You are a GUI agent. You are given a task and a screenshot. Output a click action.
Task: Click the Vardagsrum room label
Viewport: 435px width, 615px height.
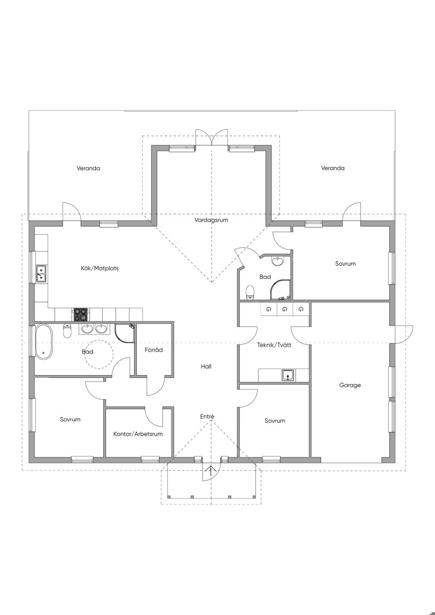(x=211, y=220)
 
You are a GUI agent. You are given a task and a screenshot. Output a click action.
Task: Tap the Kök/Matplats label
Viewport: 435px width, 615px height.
(x=100, y=268)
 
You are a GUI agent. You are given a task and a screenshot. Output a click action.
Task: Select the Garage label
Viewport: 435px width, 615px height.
(x=350, y=385)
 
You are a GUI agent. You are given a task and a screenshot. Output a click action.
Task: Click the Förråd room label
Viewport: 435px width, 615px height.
(x=154, y=350)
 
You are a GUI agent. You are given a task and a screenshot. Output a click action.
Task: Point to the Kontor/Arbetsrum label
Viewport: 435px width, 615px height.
(x=138, y=434)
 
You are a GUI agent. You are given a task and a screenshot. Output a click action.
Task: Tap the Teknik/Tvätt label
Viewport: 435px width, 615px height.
(x=274, y=345)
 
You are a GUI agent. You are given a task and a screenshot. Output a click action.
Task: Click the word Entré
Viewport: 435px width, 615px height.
(x=207, y=417)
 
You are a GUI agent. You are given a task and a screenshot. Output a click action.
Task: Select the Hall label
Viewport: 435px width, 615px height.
(x=206, y=367)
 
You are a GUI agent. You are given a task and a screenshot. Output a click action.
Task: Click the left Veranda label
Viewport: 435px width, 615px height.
(x=88, y=168)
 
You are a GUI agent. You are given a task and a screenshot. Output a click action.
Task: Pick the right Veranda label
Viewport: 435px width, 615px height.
(x=333, y=168)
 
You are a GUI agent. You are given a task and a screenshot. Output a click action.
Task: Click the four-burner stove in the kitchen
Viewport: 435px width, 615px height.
(x=80, y=315)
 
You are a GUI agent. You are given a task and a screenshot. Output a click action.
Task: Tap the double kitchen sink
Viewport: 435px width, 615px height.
(x=41, y=274)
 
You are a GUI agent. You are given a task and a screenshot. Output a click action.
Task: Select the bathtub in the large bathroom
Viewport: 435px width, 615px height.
(x=44, y=341)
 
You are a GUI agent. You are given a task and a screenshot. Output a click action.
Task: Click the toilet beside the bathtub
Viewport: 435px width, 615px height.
(x=67, y=330)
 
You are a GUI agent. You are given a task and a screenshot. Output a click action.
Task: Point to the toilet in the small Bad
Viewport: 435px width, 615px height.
(x=250, y=293)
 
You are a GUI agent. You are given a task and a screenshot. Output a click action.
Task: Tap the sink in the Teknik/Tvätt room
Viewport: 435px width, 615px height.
(x=288, y=375)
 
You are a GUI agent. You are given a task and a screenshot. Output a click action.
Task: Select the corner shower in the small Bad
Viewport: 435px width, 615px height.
(x=280, y=290)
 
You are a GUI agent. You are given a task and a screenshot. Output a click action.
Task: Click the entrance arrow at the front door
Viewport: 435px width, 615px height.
(x=211, y=471)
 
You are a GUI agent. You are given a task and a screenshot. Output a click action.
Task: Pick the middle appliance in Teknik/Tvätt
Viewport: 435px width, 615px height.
(x=285, y=310)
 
